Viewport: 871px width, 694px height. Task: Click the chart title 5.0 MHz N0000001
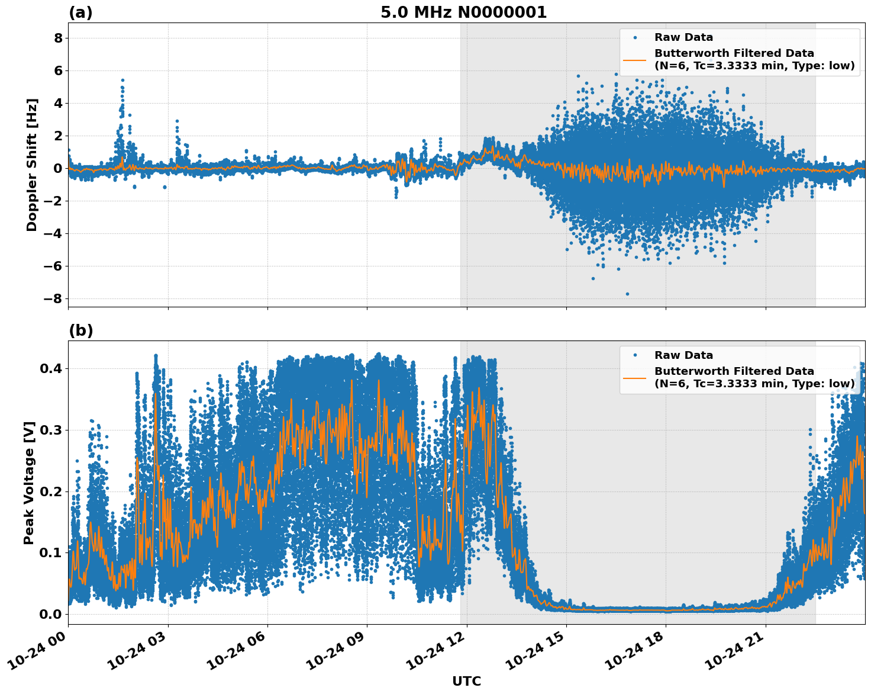(463, 12)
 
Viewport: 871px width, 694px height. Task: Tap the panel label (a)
(80, 12)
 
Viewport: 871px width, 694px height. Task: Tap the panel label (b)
(80, 330)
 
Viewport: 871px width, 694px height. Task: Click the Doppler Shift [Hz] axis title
(32, 165)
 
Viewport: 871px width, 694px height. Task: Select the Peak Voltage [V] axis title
(29, 483)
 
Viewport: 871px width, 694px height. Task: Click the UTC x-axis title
(466, 682)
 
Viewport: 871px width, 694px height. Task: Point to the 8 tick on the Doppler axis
(58, 38)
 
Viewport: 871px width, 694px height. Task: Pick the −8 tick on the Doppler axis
(53, 298)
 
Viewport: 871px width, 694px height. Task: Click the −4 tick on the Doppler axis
(53, 233)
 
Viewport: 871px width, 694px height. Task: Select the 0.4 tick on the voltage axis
(50, 368)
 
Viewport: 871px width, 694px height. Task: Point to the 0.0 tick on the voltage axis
(50, 614)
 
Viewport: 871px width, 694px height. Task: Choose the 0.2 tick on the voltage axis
(50, 491)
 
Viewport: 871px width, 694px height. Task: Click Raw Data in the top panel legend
(683, 37)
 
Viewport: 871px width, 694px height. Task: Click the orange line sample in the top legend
(634, 59)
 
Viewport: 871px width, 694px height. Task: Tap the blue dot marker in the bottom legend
(634, 355)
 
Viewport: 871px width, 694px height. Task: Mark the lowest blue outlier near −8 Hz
(627, 294)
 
